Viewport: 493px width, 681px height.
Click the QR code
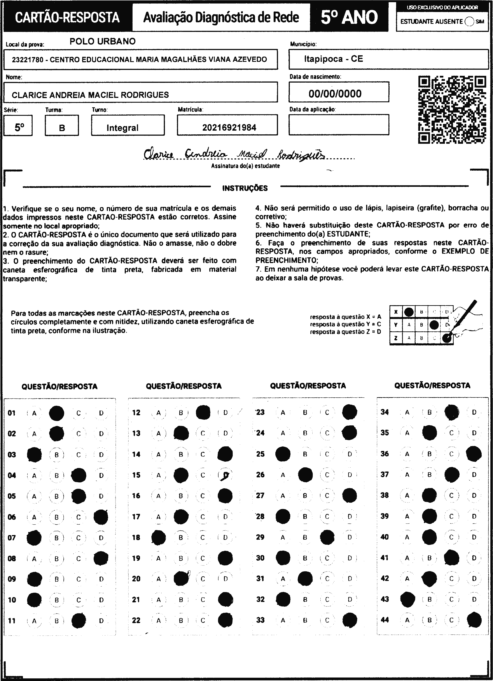tap(452, 110)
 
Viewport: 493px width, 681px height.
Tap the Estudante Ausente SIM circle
tap(469, 22)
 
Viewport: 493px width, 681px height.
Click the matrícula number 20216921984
tap(229, 128)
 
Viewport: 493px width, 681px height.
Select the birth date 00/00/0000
tap(335, 94)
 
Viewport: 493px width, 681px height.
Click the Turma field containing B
tap(62, 127)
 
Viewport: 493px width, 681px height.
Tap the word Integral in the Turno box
tap(122, 128)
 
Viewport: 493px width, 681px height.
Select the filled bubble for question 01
tap(56, 413)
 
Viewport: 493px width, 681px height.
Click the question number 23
tap(260, 412)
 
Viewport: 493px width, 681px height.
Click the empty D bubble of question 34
tap(474, 412)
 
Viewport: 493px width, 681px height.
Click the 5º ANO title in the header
tap(349, 17)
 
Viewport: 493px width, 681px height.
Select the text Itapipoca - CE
tap(333, 59)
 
